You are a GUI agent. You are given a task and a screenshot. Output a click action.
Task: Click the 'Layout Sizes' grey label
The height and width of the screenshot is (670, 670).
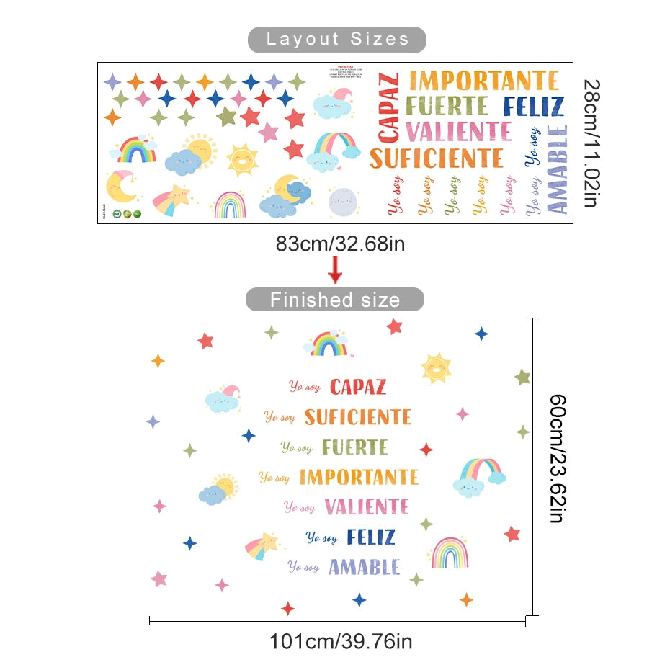coord(337,39)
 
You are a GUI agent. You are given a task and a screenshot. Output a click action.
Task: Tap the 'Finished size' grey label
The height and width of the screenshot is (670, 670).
coord(334,299)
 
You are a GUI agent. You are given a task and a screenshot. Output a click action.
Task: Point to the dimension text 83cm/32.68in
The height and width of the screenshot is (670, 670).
coord(340,244)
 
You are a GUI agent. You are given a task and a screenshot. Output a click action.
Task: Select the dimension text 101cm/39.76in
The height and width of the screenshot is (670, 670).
coord(341,640)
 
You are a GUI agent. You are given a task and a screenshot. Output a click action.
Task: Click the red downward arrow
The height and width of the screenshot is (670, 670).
coord(335,272)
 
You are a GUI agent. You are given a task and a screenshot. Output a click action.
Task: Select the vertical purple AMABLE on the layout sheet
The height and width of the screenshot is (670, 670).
coord(557,170)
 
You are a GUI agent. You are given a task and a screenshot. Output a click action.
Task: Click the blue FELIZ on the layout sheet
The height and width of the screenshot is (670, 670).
coord(533,107)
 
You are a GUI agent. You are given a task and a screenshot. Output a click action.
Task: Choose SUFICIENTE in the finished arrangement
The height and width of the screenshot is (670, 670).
coord(357,416)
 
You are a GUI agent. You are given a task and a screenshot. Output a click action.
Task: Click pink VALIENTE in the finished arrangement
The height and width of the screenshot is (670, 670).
coord(367,506)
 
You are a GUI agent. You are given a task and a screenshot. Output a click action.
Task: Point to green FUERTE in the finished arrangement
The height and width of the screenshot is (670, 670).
coord(354,447)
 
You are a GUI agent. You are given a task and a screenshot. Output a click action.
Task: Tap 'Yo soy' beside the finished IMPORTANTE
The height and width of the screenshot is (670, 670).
coord(274,478)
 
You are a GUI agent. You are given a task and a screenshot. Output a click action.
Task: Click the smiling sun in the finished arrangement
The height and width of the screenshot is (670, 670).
coord(437,367)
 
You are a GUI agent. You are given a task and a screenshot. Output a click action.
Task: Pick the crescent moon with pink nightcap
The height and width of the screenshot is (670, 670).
coord(121,186)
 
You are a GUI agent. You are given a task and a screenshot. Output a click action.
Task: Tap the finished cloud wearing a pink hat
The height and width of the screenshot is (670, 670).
coord(223,398)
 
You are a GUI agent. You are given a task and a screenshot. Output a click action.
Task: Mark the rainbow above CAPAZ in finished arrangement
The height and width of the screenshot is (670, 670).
coord(329,344)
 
